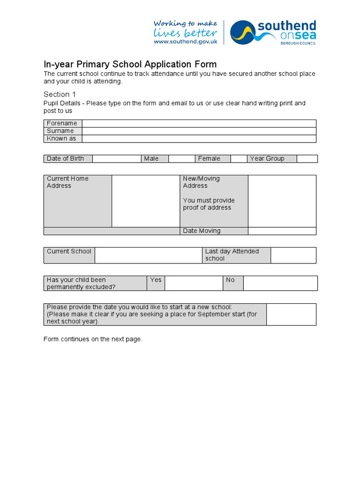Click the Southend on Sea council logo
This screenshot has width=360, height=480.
point(273,32)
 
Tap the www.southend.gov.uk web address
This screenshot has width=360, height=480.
point(186,42)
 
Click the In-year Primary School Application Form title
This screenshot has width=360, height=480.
point(130,65)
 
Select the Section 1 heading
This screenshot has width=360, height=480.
point(60,94)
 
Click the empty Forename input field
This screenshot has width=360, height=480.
point(199,123)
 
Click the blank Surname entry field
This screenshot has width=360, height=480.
point(199,131)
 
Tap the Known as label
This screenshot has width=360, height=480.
point(61,139)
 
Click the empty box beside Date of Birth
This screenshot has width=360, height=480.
point(116,158)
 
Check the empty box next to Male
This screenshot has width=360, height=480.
point(181,158)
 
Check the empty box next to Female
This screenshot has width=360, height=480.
point(239,158)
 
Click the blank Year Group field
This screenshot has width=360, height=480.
point(307,158)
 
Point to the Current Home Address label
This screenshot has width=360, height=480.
point(67,182)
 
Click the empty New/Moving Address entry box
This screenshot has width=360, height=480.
point(282,201)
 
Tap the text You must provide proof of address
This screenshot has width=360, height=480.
point(209,204)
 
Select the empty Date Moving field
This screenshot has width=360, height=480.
point(282,231)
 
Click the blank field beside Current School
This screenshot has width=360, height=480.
point(148,255)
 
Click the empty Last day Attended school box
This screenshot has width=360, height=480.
point(293,255)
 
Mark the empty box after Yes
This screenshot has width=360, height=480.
point(194,283)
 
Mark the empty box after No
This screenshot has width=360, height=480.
point(280,283)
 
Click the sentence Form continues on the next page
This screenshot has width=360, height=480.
point(93,339)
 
